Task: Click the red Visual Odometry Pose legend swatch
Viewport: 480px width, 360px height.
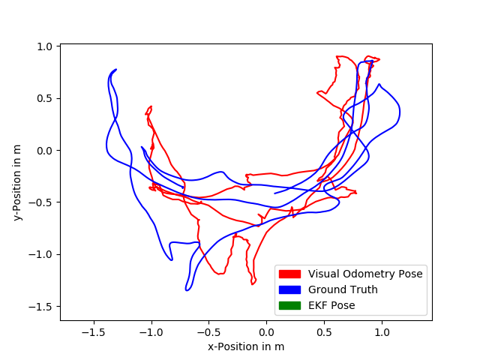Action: [x=289, y=274]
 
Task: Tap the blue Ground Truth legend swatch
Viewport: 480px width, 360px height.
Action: [x=289, y=289]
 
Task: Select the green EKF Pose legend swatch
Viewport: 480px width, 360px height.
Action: [x=289, y=305]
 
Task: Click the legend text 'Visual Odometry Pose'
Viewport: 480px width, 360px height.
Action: [x=365, y=274]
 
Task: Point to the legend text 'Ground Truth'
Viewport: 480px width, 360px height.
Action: [x=343, y=289]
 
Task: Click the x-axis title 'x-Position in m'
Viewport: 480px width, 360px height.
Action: [x=246, y=346]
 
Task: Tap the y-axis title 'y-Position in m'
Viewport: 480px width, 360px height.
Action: [x=17, y=182]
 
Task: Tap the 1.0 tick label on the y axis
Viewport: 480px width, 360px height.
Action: [x=44, y=46]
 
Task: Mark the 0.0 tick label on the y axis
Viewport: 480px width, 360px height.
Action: [x=44, y=151]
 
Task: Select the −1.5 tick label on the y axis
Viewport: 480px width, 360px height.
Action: [x=41, y=307]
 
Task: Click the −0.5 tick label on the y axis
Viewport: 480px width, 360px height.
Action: [x=41, y=202]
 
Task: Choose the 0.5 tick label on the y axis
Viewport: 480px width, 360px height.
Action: [x=44, y=98]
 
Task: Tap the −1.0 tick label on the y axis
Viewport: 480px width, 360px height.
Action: [x=41, y=254]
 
